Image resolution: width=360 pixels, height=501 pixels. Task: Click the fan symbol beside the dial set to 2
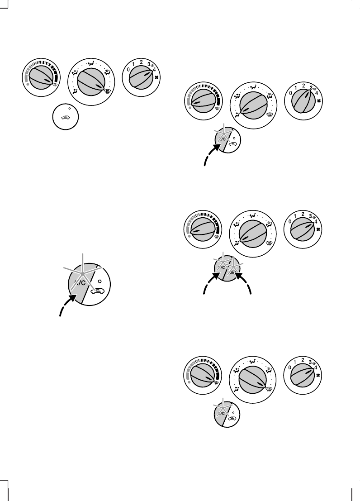pyautogui.click(x=319, y=102)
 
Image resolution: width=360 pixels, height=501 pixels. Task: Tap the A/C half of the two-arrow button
pyautogui.click(x=222, y=267)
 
